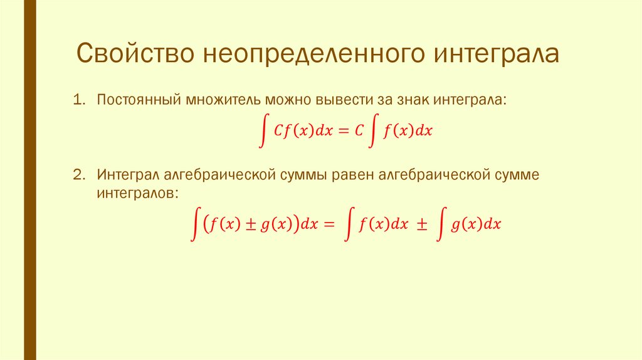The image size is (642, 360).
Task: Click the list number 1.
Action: point(77,100)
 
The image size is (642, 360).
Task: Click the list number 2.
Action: point(77,174)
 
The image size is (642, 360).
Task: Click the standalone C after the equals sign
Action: point(359,131)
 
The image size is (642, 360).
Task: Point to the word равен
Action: point(355,174)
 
